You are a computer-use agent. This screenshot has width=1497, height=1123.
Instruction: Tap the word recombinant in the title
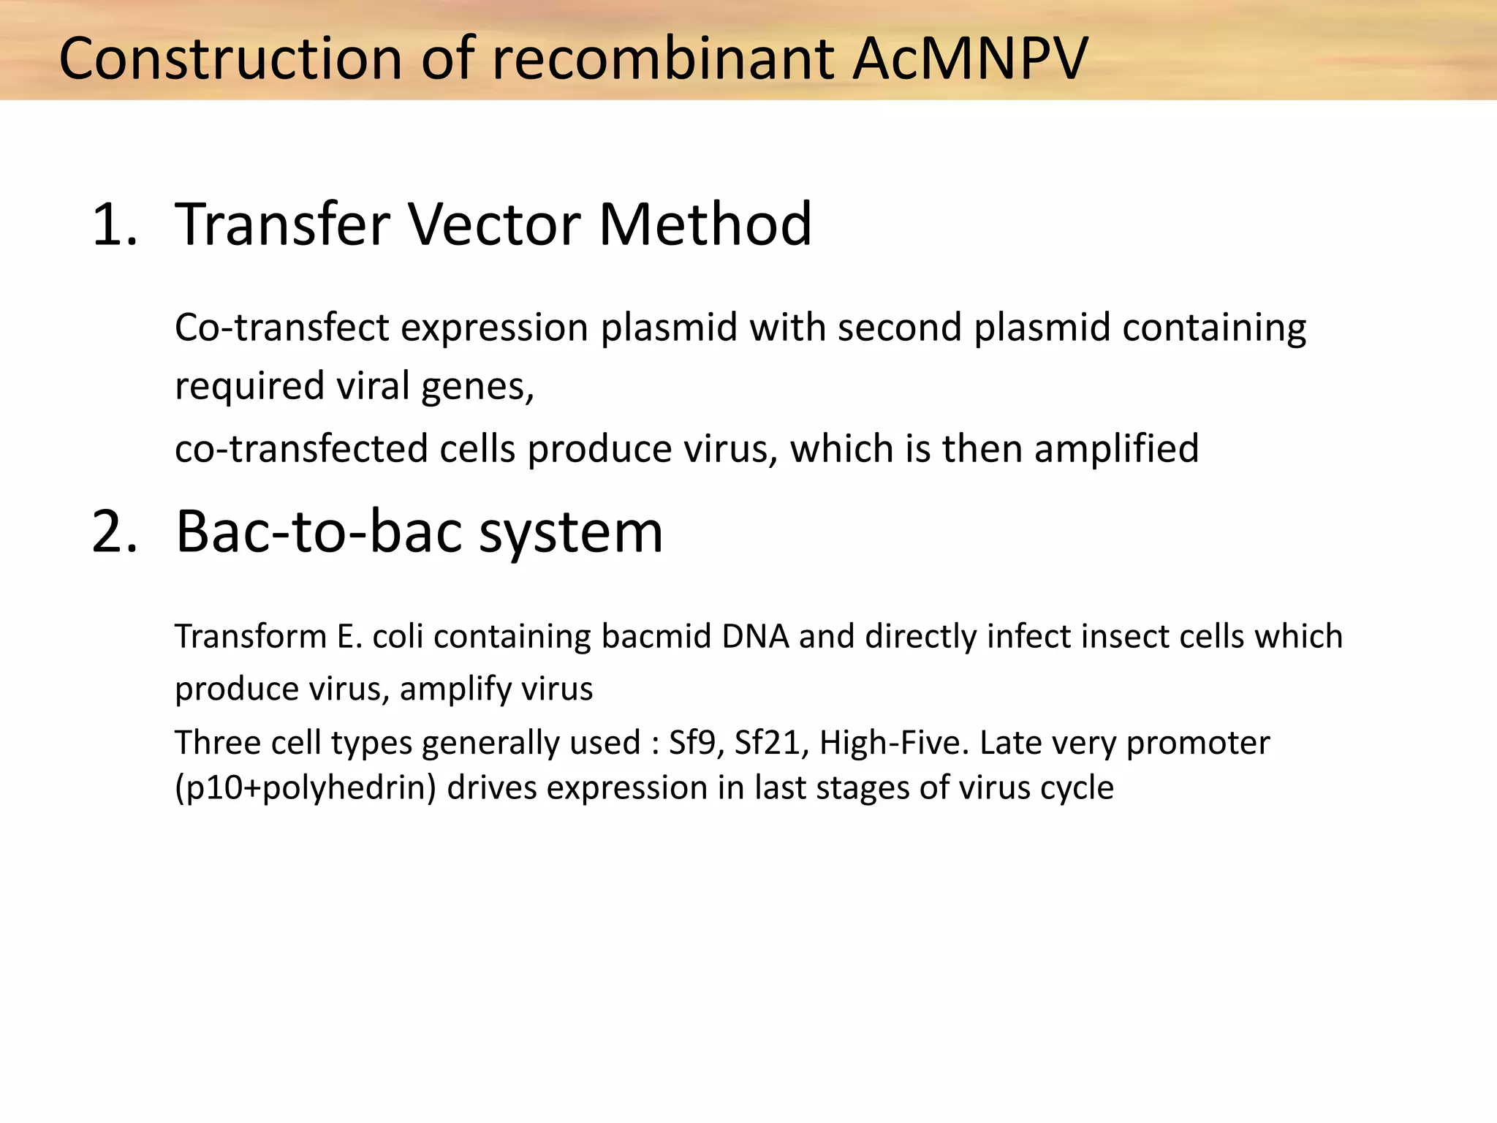(x=663, y=58)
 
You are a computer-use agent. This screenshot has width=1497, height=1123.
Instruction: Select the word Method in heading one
(x=705, y=224)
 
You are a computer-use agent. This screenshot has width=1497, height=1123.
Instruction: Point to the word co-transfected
(x=300, y=448)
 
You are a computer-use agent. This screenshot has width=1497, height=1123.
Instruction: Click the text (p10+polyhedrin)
(x=306, y=788)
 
